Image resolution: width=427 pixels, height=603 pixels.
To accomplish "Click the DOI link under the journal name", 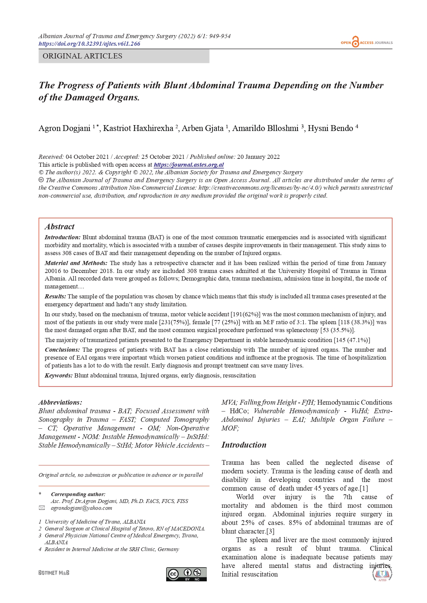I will point(89,44).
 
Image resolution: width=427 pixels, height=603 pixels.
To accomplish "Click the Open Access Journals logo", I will point(366,42).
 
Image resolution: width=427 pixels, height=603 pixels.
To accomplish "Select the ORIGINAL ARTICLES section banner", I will point(124,56).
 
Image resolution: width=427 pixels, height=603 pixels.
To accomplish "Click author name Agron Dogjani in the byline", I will point(64,129).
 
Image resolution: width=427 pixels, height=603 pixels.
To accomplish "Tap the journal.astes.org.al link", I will point(189,165).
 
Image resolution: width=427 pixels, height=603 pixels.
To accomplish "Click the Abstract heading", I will point(60,227).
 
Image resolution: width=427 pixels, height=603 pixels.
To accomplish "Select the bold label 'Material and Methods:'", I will point(76,263).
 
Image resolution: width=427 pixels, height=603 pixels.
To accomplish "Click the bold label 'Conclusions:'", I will point(62,350).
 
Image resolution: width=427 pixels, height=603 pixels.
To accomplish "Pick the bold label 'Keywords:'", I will point(58,375).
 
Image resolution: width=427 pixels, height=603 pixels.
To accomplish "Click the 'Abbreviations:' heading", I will point(60,402).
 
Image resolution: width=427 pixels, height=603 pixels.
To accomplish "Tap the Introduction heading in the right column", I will point(244,445).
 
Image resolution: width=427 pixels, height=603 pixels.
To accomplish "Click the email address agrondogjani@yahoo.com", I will point(82,508).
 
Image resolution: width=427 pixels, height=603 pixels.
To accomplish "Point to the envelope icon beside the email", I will point(42,508).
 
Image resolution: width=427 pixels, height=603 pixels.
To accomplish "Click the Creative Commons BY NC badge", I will point(186,574).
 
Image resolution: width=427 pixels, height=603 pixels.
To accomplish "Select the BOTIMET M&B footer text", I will point(54,573).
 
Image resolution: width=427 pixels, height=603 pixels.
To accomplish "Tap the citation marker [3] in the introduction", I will point(270,531).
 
